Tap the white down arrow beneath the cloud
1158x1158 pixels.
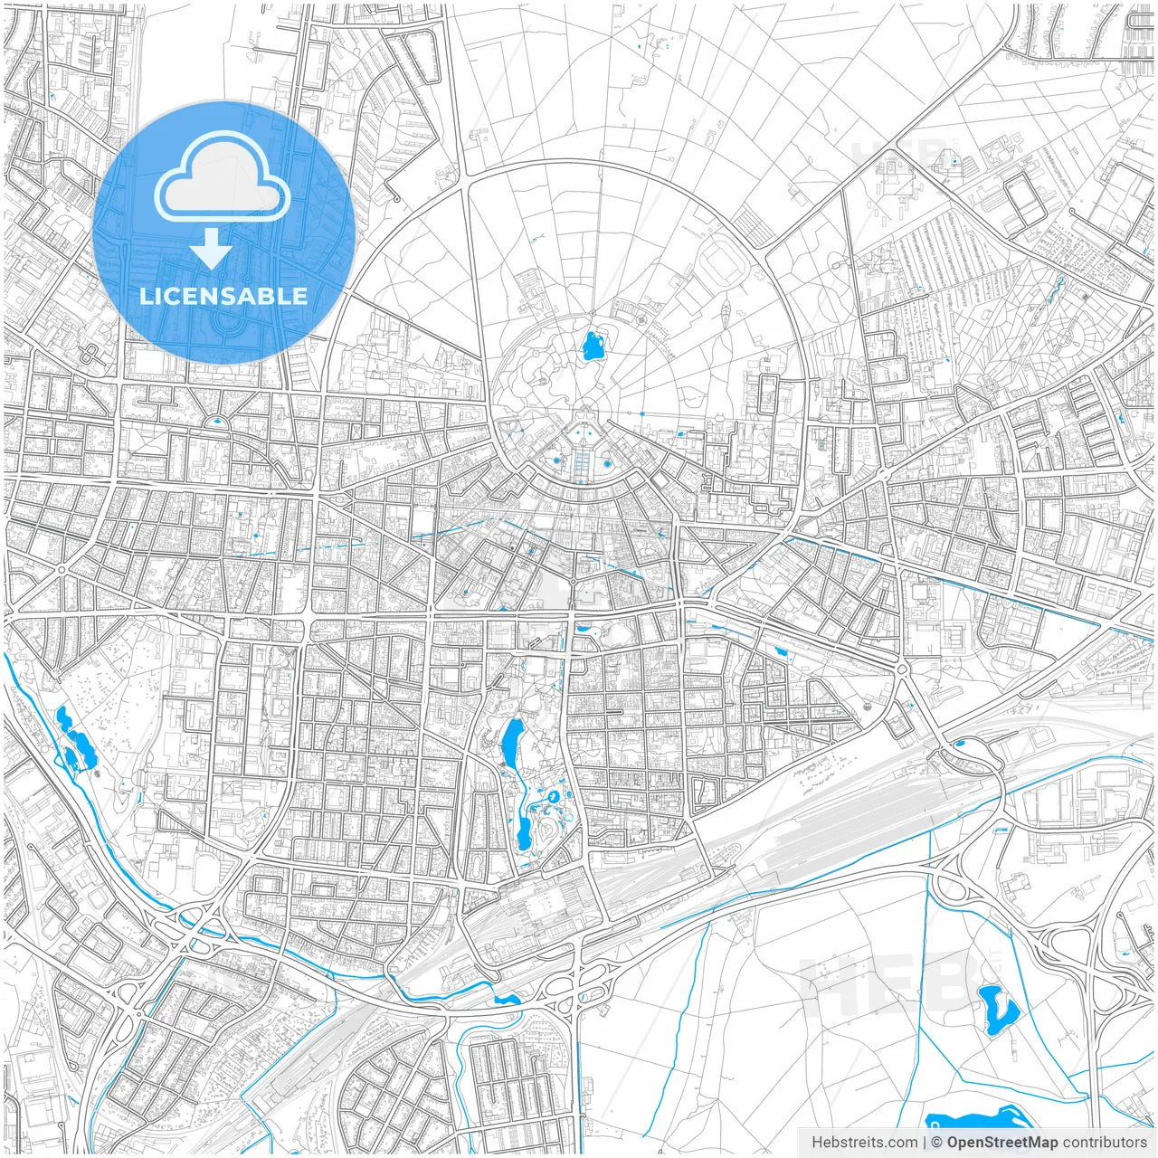pos(212,248)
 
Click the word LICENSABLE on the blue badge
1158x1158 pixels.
pos(223,296)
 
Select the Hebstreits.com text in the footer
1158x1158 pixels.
pos(864,1143)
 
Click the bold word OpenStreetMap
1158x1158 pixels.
pos(1001,1143)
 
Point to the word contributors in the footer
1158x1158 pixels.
pos(1105,1143)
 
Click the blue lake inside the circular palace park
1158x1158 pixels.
pos(594,345)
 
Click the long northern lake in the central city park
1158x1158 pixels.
pos(510,741)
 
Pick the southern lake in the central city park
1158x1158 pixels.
pos(524,831)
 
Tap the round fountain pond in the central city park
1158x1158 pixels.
pos(551,796)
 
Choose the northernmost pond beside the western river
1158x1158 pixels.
pos(62,718)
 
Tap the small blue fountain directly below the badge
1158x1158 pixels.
pos(217,421)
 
